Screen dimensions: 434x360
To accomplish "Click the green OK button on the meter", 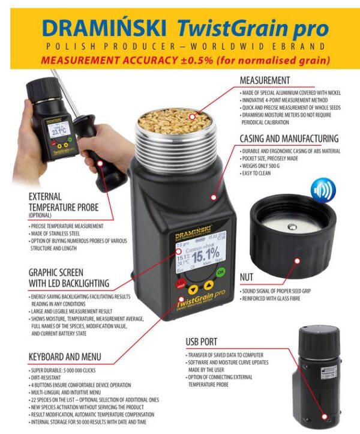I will pos(221,272).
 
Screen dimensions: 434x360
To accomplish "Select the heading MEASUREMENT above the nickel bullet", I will pos(265,80).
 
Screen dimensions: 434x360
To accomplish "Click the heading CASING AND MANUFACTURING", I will pos(289,138).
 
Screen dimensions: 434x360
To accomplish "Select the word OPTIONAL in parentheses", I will pos(44,215).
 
